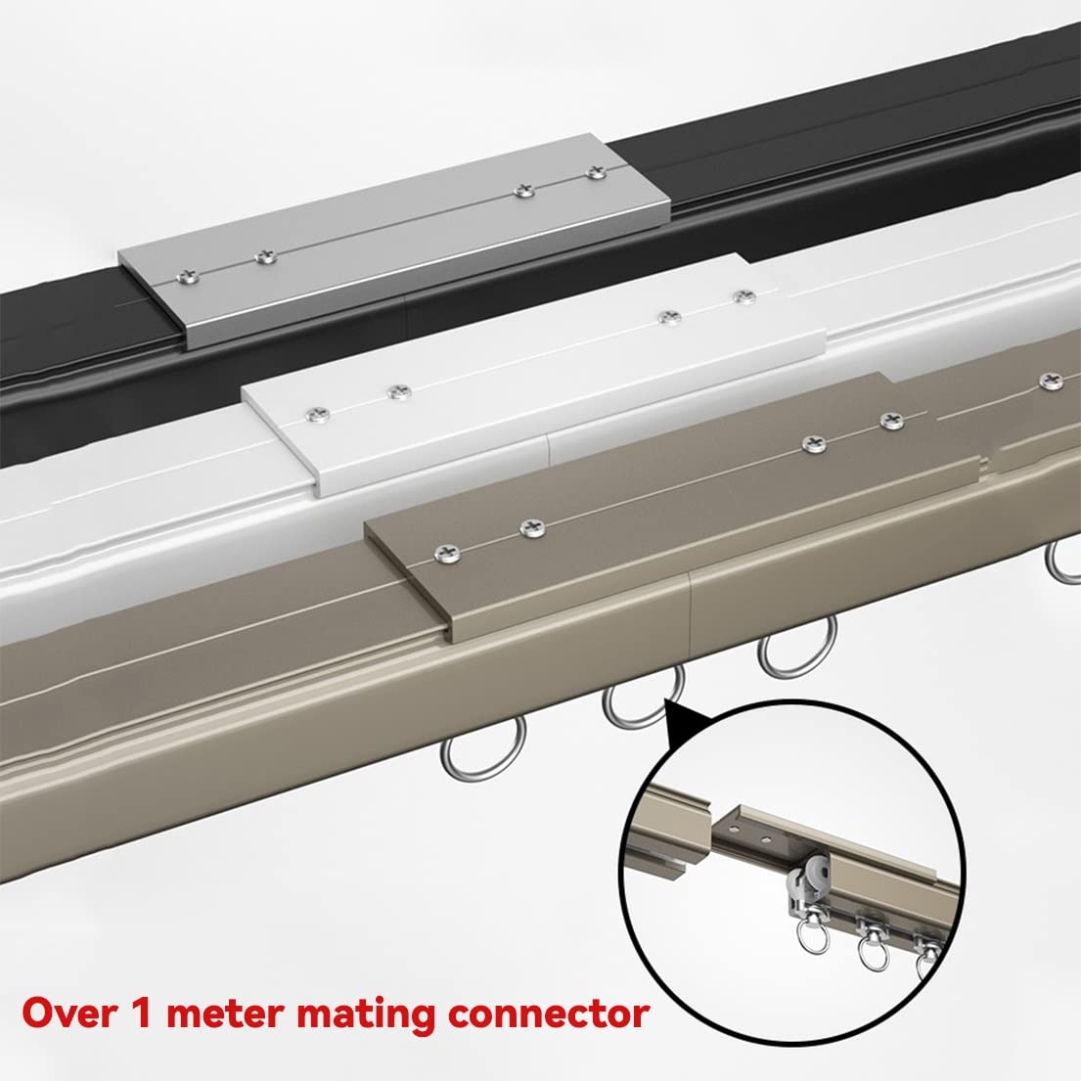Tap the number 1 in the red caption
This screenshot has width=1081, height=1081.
pos(141,1013)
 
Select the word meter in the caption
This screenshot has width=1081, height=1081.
pos(225,1014)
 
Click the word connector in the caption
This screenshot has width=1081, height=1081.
pos(548,1014)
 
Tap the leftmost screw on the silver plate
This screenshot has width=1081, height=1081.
pos(187,278)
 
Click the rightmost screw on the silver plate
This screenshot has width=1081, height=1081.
pos(596,172)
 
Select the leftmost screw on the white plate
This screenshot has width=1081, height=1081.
pos(317,415)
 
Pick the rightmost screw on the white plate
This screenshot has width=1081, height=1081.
pos(743,297)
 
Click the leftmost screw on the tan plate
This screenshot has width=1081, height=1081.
pos(448,552)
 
